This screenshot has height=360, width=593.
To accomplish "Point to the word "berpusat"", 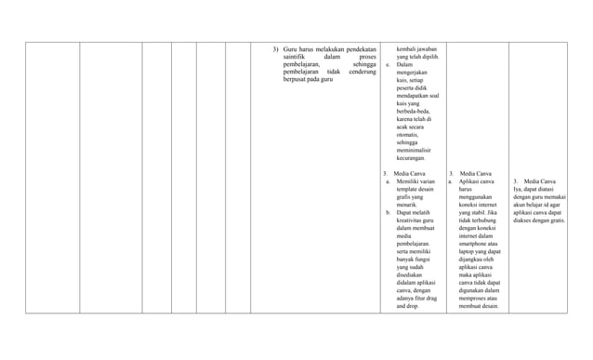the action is [x=296, y=80].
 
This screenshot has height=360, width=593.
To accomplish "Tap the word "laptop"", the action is [x=468, y=253].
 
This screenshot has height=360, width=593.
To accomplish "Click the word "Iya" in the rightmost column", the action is [x=517, y=190].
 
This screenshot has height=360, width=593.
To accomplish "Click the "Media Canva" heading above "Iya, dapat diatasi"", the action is [x=540, y=181].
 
